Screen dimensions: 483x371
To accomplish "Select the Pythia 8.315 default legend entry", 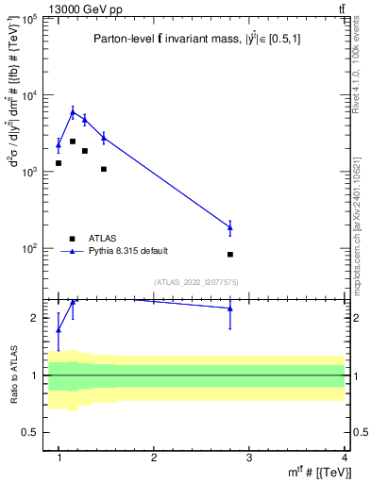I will click(x=128, y=251).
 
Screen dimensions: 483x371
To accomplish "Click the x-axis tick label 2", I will click(x=154, y=458).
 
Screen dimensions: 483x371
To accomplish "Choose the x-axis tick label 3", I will click(x=249, y=458).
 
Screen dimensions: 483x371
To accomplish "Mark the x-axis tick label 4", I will click(x=345, y=458).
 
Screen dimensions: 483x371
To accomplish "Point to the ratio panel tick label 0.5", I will click(x=33, y=432).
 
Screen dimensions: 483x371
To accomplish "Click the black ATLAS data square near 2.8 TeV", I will click(x=230, y=255).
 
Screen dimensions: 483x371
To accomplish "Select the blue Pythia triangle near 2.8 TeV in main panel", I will click(x=230, y=226).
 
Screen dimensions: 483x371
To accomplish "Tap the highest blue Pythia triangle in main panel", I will click(x=73, y=111).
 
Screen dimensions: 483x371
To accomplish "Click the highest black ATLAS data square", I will click(x=73, y=142).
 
